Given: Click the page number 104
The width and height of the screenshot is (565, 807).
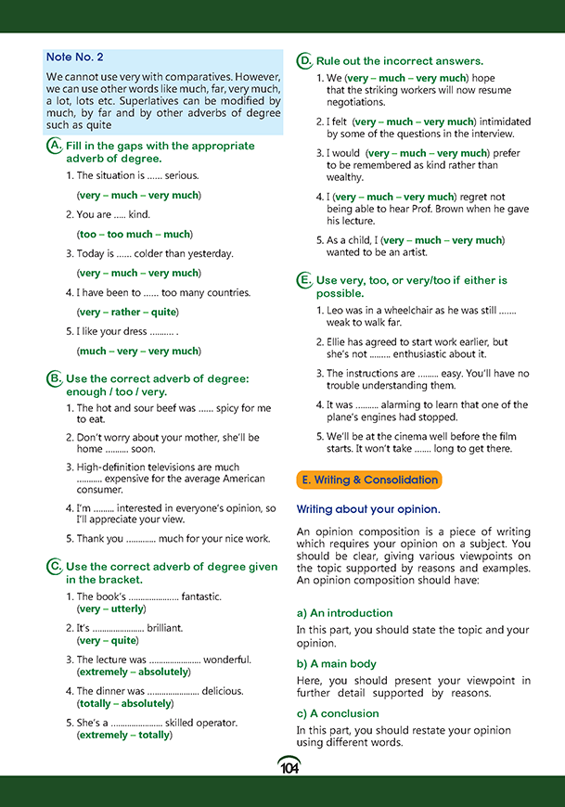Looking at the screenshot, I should (289, 766).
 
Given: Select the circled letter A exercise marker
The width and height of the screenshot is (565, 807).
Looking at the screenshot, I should (55, 147).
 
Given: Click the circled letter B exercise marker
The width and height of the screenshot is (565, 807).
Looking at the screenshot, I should (55, 378).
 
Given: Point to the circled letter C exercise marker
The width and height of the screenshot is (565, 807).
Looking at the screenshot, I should (55, 567).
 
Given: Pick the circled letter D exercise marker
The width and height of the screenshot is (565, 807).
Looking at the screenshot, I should (304, 61).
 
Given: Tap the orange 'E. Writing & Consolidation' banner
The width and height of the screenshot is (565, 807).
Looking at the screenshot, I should (368, 480).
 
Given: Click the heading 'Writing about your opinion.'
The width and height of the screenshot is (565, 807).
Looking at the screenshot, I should (367, 509).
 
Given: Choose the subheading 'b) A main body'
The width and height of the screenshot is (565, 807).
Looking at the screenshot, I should (336, 663).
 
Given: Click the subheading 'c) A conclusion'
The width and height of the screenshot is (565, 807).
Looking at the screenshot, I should (338, 713).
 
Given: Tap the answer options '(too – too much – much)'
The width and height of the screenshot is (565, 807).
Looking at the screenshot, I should (134, 235).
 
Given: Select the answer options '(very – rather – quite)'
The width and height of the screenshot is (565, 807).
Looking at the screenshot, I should (128, 312).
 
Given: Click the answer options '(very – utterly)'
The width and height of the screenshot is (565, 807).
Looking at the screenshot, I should (110, 609).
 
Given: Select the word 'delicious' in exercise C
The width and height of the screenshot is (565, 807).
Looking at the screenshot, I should (223, 691).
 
